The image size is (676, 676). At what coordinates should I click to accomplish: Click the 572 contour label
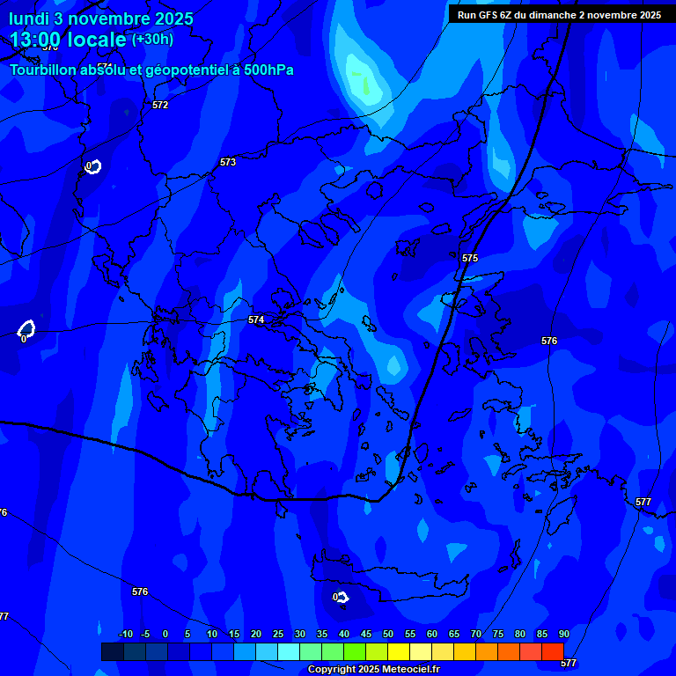click(x=159, y=105)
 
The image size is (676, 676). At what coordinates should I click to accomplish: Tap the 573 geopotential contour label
click(x=228, y=162)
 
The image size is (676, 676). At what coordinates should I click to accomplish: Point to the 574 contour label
click(x=256, y=320)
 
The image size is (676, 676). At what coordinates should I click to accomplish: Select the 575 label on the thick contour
click(x=470, y=258)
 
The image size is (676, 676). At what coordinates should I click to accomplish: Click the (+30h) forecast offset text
click(x=152, y=40)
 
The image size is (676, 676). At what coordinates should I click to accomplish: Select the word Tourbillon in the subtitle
click(x=45, y=70)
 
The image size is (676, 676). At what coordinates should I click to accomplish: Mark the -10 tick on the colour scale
click(x=125, y=634)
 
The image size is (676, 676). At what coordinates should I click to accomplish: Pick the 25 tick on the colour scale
click(x=278, y=634)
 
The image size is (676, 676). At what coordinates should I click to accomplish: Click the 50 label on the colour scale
click(x=388, y=634)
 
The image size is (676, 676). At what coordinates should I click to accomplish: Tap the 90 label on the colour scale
click(x=564, y=634)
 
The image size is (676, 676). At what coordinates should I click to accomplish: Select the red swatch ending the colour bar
click(x=552, y=651)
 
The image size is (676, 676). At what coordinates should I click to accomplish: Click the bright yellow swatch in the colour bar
click(x=399, y=651)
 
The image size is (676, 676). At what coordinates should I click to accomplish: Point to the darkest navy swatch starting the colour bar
click(x=112, y=651)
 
